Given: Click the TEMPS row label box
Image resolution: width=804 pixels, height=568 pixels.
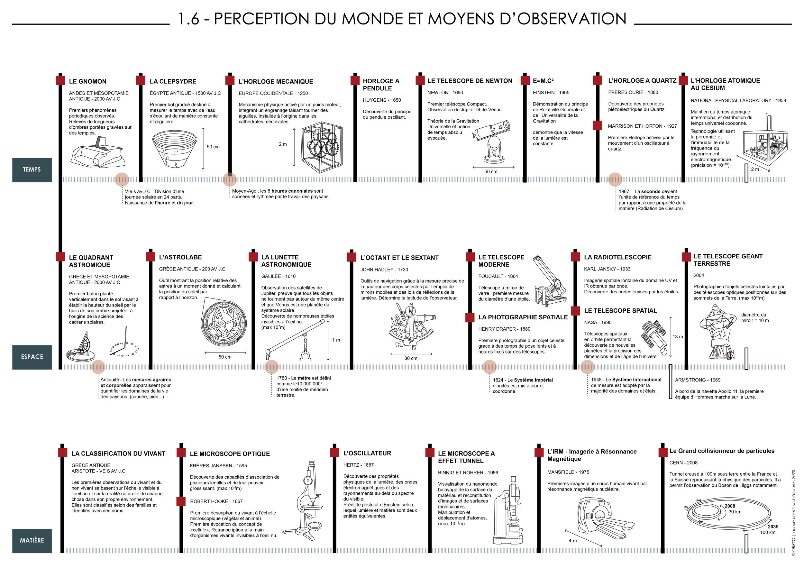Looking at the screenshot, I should [32, 170].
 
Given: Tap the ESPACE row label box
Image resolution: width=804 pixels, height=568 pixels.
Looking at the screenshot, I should [32, 357].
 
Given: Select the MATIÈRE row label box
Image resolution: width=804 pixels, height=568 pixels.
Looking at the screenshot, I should [32, 540].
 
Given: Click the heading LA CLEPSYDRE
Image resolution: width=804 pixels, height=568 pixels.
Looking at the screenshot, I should [173, 82].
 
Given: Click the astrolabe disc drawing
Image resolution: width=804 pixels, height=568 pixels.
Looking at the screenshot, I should [224, 324].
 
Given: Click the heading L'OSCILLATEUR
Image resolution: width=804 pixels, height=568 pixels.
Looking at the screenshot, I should [367, 453].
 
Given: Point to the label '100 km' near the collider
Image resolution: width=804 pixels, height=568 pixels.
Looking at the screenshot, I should [768, 532].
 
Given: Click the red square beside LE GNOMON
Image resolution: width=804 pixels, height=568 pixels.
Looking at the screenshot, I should [60, 80].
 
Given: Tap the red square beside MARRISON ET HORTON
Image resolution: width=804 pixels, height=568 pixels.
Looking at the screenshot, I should [598, 125].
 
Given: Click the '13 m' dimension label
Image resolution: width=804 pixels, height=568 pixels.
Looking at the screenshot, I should [678, 337].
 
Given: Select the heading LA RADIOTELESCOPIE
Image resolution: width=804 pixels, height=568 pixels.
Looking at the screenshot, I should [617, 257].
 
